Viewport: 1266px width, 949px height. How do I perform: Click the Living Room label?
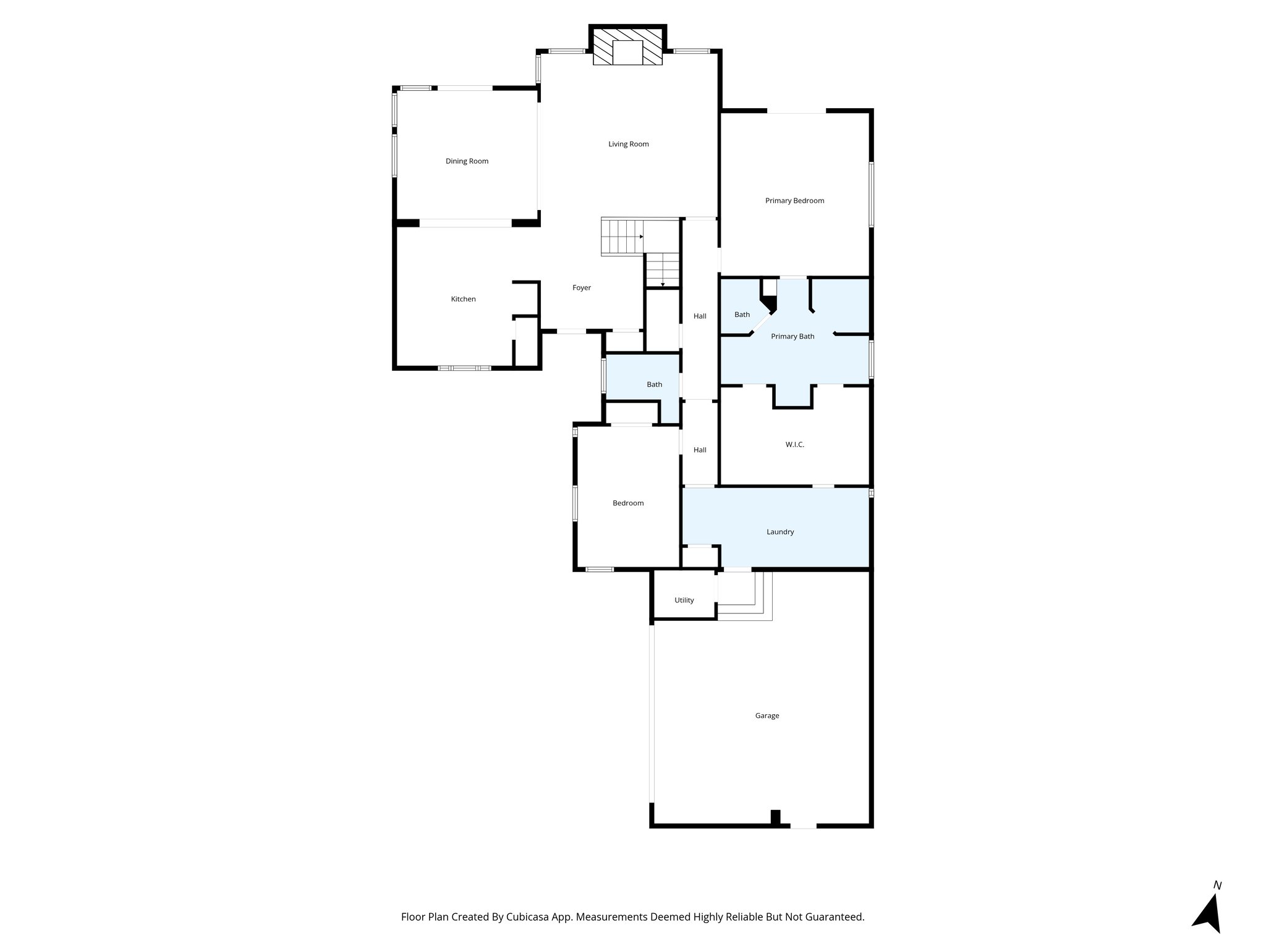(628, 144)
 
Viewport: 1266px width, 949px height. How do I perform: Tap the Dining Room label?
(467, 161)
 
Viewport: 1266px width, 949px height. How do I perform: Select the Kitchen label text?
(463, 299)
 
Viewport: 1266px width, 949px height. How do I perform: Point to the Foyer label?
(581, 288)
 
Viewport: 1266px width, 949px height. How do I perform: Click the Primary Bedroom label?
(794, 201)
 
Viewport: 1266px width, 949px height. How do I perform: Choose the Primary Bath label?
(792, 337)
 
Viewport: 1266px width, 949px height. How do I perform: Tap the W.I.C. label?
(794, 445)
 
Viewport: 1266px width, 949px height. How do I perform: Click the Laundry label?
(780, 532)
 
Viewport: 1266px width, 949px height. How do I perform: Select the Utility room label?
(684, 601)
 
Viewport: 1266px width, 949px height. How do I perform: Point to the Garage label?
(767, 715)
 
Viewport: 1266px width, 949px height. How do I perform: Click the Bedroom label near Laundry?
(628, 504)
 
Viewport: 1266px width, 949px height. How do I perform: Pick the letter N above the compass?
(1217, 885)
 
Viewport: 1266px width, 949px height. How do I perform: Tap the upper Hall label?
(700, 316)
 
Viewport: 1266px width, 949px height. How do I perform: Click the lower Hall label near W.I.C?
(700, 450)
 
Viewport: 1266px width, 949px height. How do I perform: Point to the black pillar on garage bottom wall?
(775, 817)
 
